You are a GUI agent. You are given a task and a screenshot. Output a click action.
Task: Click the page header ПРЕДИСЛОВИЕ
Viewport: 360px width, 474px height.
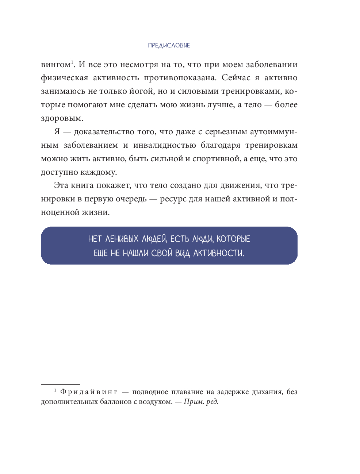[169, 46]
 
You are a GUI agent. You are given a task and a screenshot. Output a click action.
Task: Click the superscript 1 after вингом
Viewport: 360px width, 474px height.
[72, 62]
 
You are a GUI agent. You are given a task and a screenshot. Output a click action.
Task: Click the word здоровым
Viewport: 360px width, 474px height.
[62, 119]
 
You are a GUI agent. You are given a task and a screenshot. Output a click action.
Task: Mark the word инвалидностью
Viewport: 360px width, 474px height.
[165, 145]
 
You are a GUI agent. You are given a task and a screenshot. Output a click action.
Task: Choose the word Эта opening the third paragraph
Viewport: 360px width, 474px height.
[61, 185]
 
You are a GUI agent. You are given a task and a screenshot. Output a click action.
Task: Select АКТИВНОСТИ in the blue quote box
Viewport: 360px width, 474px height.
[219, 253]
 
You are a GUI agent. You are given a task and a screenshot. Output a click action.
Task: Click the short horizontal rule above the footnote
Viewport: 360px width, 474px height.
[60, 384]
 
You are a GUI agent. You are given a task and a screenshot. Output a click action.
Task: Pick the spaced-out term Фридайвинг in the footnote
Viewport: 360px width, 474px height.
[89, 392]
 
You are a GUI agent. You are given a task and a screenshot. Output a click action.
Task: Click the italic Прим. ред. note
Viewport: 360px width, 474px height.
[201, 402]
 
